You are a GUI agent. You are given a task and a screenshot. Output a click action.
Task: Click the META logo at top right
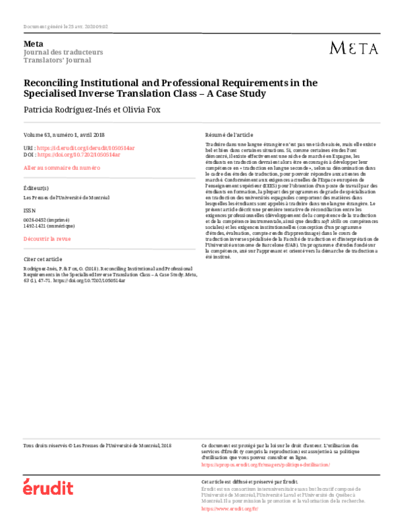coord(354,48)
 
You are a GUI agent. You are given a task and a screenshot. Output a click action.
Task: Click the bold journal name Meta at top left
coord(32,44)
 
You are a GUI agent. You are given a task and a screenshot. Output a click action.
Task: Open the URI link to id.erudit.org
coord(79,147)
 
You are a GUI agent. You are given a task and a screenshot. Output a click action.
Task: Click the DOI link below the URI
coord(79,154)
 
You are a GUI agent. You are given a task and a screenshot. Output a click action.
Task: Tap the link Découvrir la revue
coord(47,238)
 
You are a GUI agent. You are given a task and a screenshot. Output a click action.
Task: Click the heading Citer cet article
coord(43,258)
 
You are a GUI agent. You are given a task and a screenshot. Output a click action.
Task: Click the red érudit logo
coord(48,487)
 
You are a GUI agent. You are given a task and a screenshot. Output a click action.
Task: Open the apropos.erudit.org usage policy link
coord(257,464)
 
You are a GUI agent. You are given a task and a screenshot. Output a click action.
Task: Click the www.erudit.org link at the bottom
coord(230,508)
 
